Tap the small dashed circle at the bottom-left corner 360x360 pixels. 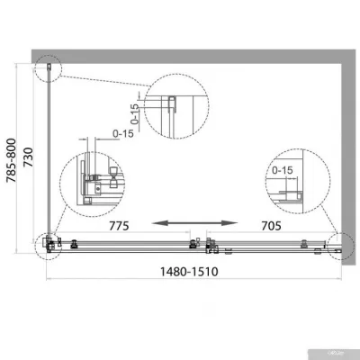click(47, 244)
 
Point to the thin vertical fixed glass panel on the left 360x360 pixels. click(48, 153)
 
